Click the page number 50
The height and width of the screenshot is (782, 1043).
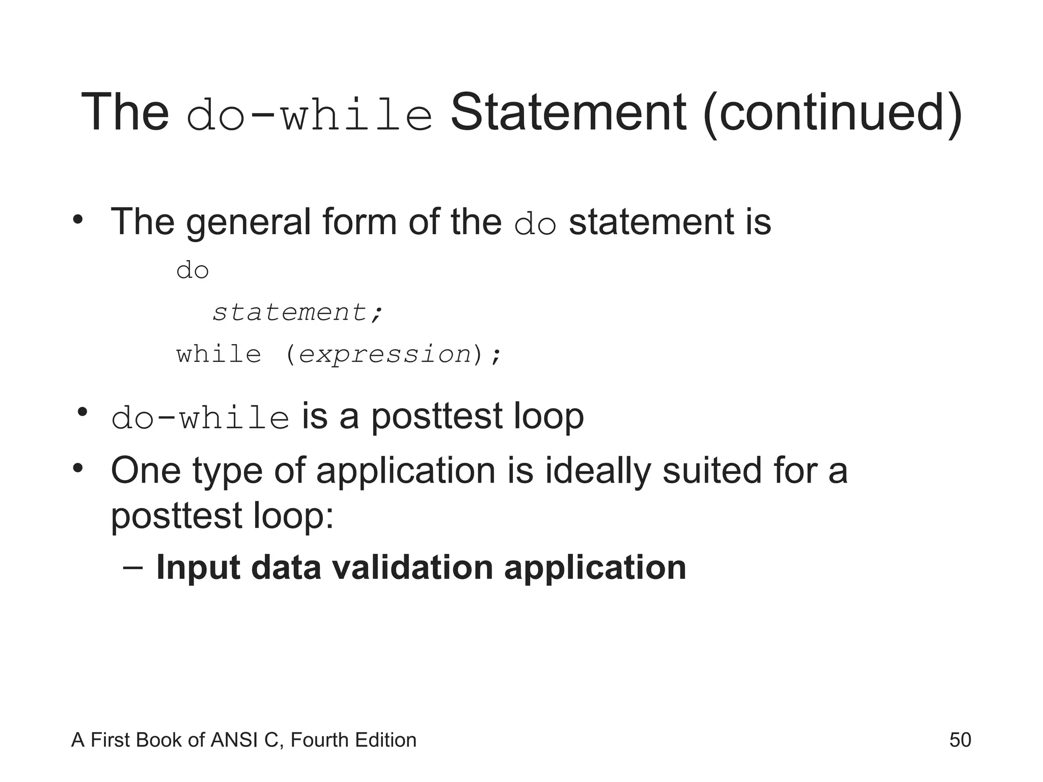coord(960,740)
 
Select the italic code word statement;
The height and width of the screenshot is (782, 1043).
coord(297,312)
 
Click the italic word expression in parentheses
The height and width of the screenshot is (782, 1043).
coord(385,354)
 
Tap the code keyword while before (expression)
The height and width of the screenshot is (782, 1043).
coord(219,354)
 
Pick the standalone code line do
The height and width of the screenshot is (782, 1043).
coord(193,270)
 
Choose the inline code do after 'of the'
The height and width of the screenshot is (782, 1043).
coord(535,225)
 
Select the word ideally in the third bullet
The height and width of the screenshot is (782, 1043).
coord(598,471)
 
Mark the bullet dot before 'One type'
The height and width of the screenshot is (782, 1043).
coord(77,467)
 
